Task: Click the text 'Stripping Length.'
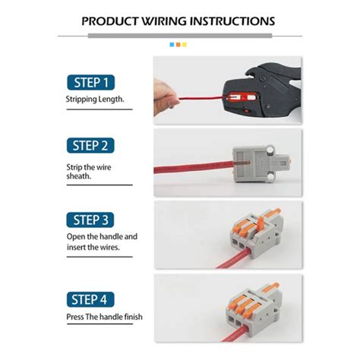point(95,99)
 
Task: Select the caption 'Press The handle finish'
point(104,317)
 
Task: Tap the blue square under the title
point(172,45)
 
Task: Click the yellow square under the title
point(185,45)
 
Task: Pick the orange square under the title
point(178,45)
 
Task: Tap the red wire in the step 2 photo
point(190,166)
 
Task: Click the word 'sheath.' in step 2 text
point(78,177)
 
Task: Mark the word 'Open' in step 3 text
point(76,236)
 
